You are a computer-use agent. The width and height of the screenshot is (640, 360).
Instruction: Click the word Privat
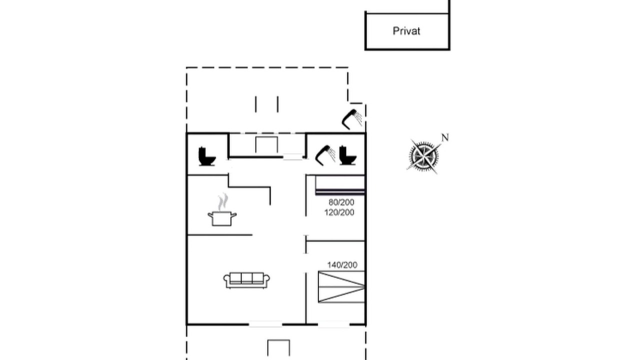coord(406,31)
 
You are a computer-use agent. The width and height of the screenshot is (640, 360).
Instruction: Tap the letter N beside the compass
coord(445,137)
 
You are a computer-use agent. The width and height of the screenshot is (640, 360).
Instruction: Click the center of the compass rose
coord(424,156)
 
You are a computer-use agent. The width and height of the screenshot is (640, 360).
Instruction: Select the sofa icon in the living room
coord(246,280)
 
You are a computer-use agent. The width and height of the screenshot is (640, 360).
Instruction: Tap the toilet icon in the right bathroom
coord(347,155)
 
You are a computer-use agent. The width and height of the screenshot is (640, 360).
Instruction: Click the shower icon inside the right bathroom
coord(325,155)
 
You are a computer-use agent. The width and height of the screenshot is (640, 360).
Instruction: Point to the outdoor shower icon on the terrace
coord(352,119)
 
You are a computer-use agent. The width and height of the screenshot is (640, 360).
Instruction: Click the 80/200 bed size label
coord(341,202)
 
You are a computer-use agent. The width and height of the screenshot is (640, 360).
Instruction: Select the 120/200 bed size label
coord(339,212)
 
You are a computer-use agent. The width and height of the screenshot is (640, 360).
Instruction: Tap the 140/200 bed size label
coord(342,265)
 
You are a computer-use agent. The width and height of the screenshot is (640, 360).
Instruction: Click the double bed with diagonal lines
coord(341,287)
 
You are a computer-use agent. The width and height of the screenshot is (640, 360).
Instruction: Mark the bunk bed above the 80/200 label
coord(340,185)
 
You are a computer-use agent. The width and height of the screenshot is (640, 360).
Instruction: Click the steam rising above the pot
coord(223,201)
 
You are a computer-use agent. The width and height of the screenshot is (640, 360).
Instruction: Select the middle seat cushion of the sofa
coord(246,278)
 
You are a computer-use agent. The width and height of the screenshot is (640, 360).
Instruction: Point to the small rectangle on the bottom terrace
coord(278,347)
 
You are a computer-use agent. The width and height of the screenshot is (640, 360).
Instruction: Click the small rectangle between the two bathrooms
coord(266,145)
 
